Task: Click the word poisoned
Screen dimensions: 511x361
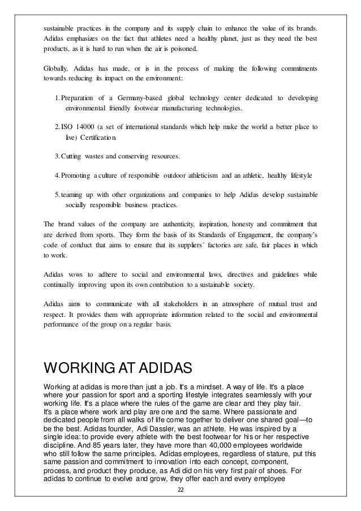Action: [182, 49]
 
